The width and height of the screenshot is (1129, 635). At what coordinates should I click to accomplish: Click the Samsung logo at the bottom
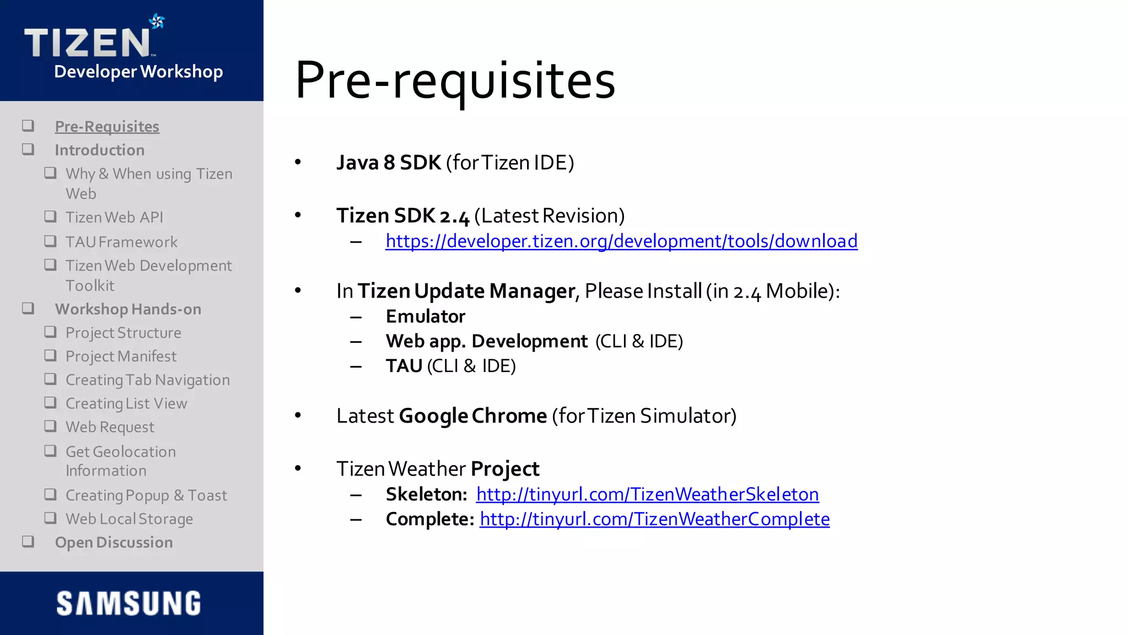point(128,603)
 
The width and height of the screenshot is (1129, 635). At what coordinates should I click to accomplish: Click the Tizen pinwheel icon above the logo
point(157,21)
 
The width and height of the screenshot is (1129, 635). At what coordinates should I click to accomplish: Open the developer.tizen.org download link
point(621,241)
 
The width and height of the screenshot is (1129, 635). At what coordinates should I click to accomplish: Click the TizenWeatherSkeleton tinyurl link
point(647,494)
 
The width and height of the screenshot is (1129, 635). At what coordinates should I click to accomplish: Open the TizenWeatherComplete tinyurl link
point(654,519)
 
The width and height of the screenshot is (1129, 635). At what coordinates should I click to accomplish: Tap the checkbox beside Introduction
point(28,149)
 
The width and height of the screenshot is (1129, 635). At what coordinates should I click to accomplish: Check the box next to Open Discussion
point(28,542)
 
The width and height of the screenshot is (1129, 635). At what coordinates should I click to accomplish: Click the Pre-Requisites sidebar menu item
point(107,127)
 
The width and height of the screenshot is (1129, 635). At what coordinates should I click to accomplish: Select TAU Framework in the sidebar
point(121,242)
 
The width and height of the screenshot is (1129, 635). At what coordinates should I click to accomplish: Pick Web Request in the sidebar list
point(110,427)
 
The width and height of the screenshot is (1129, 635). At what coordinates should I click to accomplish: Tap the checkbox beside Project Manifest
point(51,356)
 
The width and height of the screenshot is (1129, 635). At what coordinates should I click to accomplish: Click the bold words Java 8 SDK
point(389,163)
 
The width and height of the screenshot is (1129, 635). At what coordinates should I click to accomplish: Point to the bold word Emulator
point(426,316)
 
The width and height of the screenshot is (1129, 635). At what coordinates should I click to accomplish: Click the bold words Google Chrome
point(472,416)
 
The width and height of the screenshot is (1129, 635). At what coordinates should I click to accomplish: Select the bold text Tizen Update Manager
point(466,291)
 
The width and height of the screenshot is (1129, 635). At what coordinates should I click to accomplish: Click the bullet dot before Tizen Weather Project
point(298,469)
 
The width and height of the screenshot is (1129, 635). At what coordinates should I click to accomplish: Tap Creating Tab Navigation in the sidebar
point(147,380)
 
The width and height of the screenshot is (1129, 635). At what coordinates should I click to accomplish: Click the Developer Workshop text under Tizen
point(138,72)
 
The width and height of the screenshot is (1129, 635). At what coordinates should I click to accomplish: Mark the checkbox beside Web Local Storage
point(51,518)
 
